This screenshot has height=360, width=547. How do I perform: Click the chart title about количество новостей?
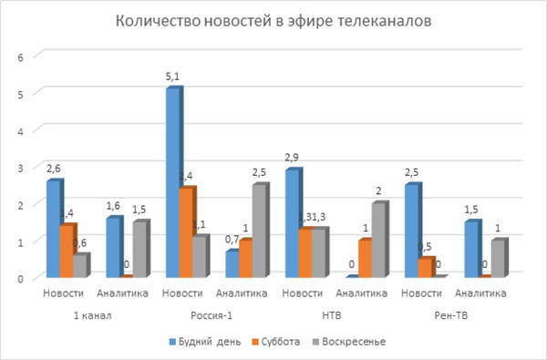pos(273,21)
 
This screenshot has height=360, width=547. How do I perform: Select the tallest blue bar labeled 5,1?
pos(171,182)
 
